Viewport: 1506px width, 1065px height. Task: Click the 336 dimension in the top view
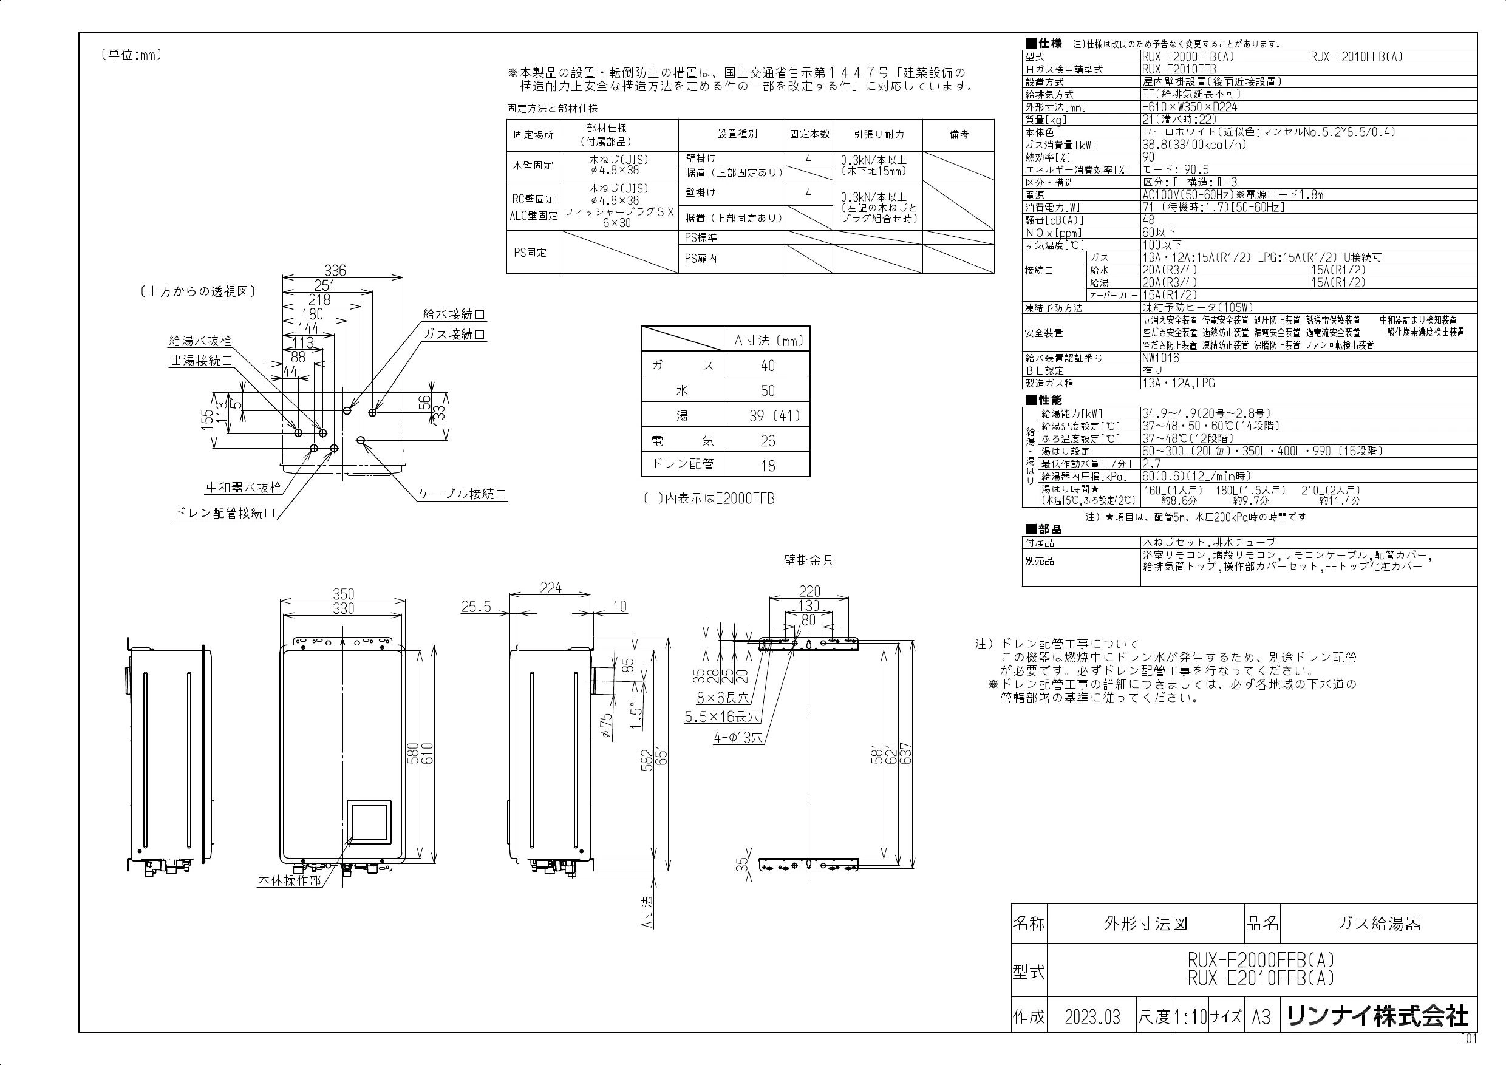[335, 270]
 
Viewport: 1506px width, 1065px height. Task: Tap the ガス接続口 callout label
[454, 335]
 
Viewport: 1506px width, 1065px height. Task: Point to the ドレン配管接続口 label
[223, 513]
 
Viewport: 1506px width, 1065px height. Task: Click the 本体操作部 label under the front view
[289, 880]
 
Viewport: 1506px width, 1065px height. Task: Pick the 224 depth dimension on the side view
[550, 588]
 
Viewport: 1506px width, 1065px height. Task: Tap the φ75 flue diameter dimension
[607, 726]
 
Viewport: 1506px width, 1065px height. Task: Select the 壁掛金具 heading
[809, 560]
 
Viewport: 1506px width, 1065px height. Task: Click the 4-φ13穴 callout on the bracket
[738, 738]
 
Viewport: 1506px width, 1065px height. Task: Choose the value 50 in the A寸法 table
[768, 391]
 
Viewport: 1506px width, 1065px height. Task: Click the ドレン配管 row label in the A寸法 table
[683, 464]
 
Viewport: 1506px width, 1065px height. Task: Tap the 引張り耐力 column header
[878, 134]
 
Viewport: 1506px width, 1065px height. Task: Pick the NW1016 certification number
[1160, 358]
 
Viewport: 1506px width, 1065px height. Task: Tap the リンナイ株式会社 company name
[1377, 1016]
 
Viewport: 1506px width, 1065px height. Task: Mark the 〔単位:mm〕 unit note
[131, 55]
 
